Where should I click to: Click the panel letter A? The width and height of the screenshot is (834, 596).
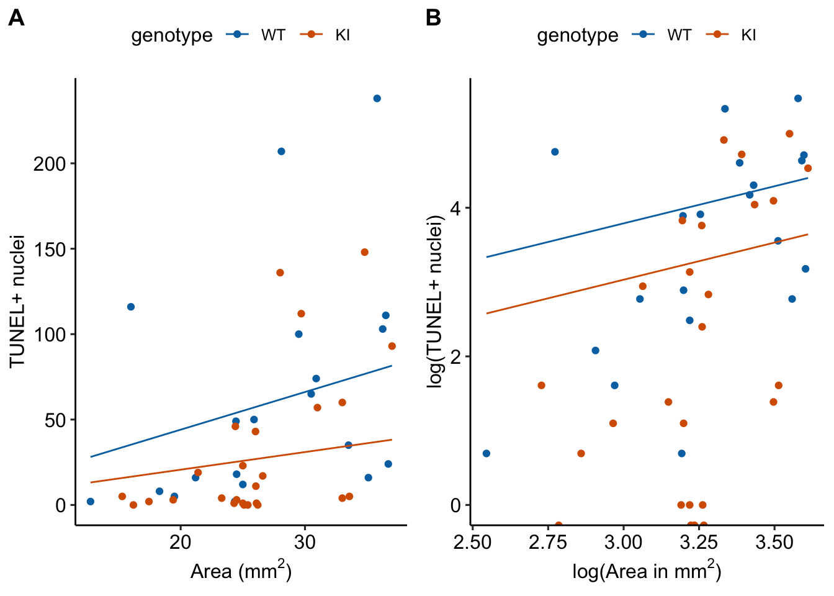[x=16, y=19]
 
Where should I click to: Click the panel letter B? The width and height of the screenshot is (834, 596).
[x=433, y=19]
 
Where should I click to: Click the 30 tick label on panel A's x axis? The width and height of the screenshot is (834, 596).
[x=305, y=542]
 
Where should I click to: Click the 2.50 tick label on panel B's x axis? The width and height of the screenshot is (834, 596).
[x=473, y=542]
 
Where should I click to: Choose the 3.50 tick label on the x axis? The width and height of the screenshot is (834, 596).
[x=774, y=542]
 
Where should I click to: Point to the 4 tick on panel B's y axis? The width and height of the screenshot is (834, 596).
[x=456, y=208]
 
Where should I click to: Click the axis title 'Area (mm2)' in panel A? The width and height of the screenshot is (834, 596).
[x=241, y=571]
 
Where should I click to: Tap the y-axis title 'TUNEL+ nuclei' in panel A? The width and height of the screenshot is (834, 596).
[x=17, y=301]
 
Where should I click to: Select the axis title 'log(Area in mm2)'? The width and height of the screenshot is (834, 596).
[x=647, y=571]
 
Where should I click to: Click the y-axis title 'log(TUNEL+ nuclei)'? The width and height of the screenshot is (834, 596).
[x=436, y=301]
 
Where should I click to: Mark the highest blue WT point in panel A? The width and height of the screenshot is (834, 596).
[x=377, y=99]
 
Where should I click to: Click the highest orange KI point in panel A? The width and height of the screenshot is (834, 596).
[x=365, y=252]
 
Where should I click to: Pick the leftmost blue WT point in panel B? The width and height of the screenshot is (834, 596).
[x=486, y=453]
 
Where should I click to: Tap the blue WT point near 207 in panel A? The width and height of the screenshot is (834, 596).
[x=281, y=151]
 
